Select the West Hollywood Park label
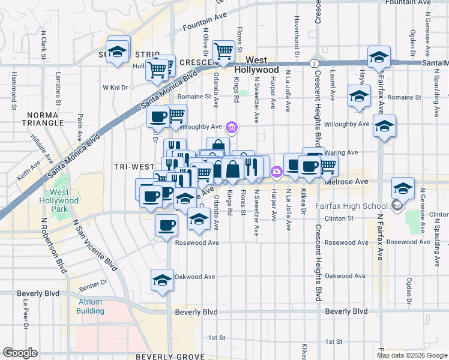pyautogui.click(x=60, y=200)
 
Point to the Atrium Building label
pyautogui.click(x=89, y=306)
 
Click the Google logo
pyautogui.click(x=20, y=352)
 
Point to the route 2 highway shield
pyautogui.click(x=314, y=62)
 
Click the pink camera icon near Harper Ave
pyautogui.click(x=276, y=172)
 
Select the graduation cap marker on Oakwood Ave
pyautogui.click(x=161, y=281)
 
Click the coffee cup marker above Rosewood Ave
pyautogui.click(x=166, y=226)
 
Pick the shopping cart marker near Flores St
pyautogui.click(x=224, y=51)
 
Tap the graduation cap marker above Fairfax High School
pyautogui.click(x=403, y=188)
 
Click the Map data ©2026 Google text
pyautogui.click(x=411, y=355)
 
